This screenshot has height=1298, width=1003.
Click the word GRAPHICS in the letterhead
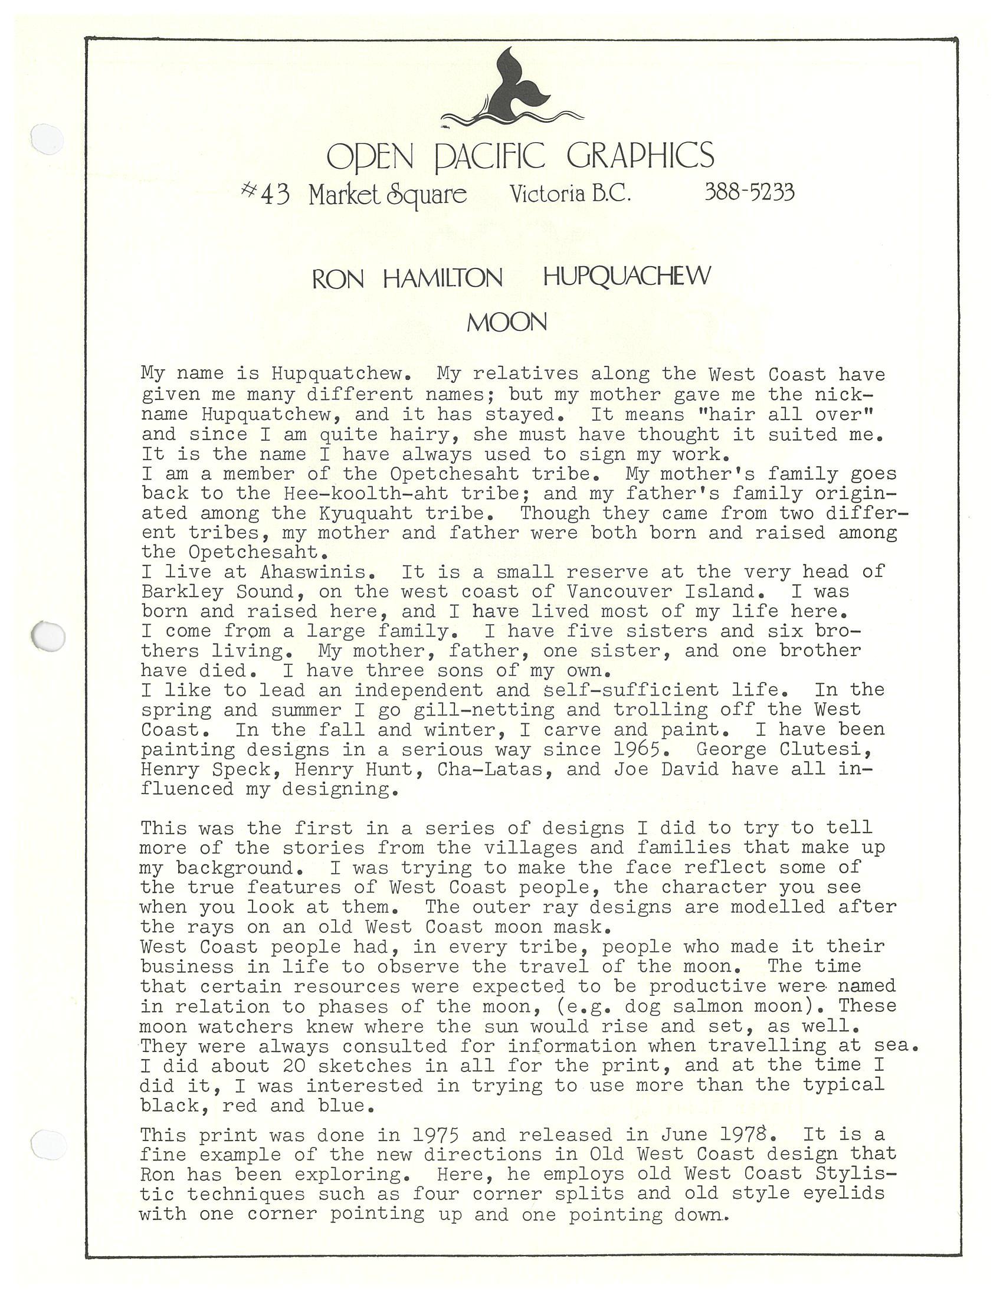(x=640, y=156)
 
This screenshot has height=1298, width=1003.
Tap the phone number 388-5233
(x=749, y=192)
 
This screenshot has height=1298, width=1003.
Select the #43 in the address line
(x=265, y=194)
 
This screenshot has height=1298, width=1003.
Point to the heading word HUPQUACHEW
(x=626, y=277)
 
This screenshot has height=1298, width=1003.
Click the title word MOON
(x=506, y=323)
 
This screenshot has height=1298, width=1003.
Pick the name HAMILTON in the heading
(x=442, y=278)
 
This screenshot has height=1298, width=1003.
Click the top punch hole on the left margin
(x=47, y=139)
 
